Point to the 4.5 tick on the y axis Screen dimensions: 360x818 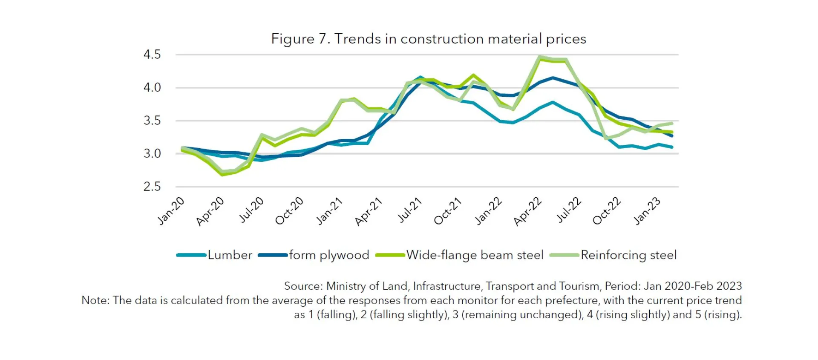point(152,55)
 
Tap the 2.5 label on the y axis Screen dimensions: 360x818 point(152,187)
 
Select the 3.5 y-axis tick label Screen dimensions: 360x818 point(152,121)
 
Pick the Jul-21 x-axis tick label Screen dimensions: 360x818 point(409,210)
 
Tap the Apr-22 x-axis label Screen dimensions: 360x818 point(527,211)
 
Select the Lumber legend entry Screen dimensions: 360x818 point(230,255)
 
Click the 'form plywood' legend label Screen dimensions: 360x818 point(329,255)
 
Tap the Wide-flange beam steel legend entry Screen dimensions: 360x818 point(475,255)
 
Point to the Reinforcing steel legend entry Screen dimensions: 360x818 point(628,255)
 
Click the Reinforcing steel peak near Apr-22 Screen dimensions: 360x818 point(540,56)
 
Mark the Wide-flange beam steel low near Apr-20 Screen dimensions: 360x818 point(222,174)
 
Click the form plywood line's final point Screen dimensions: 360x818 point(672,135)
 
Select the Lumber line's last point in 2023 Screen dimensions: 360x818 point(672,147)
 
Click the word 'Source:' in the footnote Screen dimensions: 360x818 point(303,286)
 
